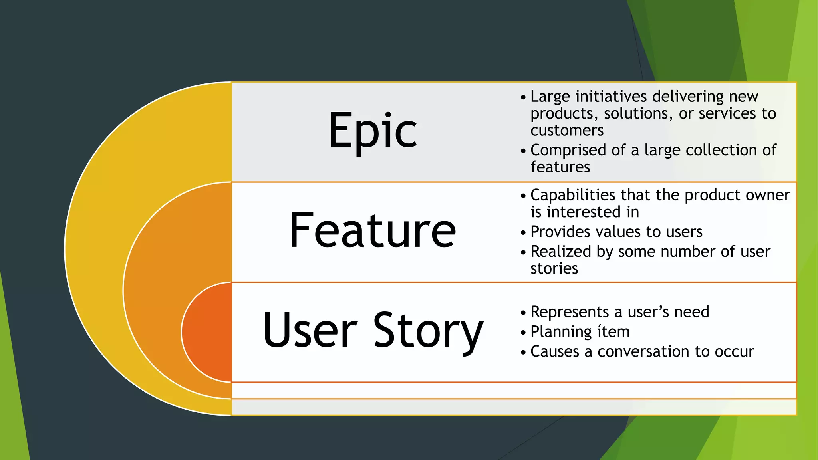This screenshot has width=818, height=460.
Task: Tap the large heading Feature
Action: coord(372,231)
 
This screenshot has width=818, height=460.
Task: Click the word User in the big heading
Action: coord(310,331)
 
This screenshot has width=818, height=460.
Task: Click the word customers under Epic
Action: coord(567,131)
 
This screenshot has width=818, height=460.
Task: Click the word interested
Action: coord(587,212)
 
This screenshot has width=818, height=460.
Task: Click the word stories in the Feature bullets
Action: coord(554,269)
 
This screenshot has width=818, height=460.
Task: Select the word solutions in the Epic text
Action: coord(638,114)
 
